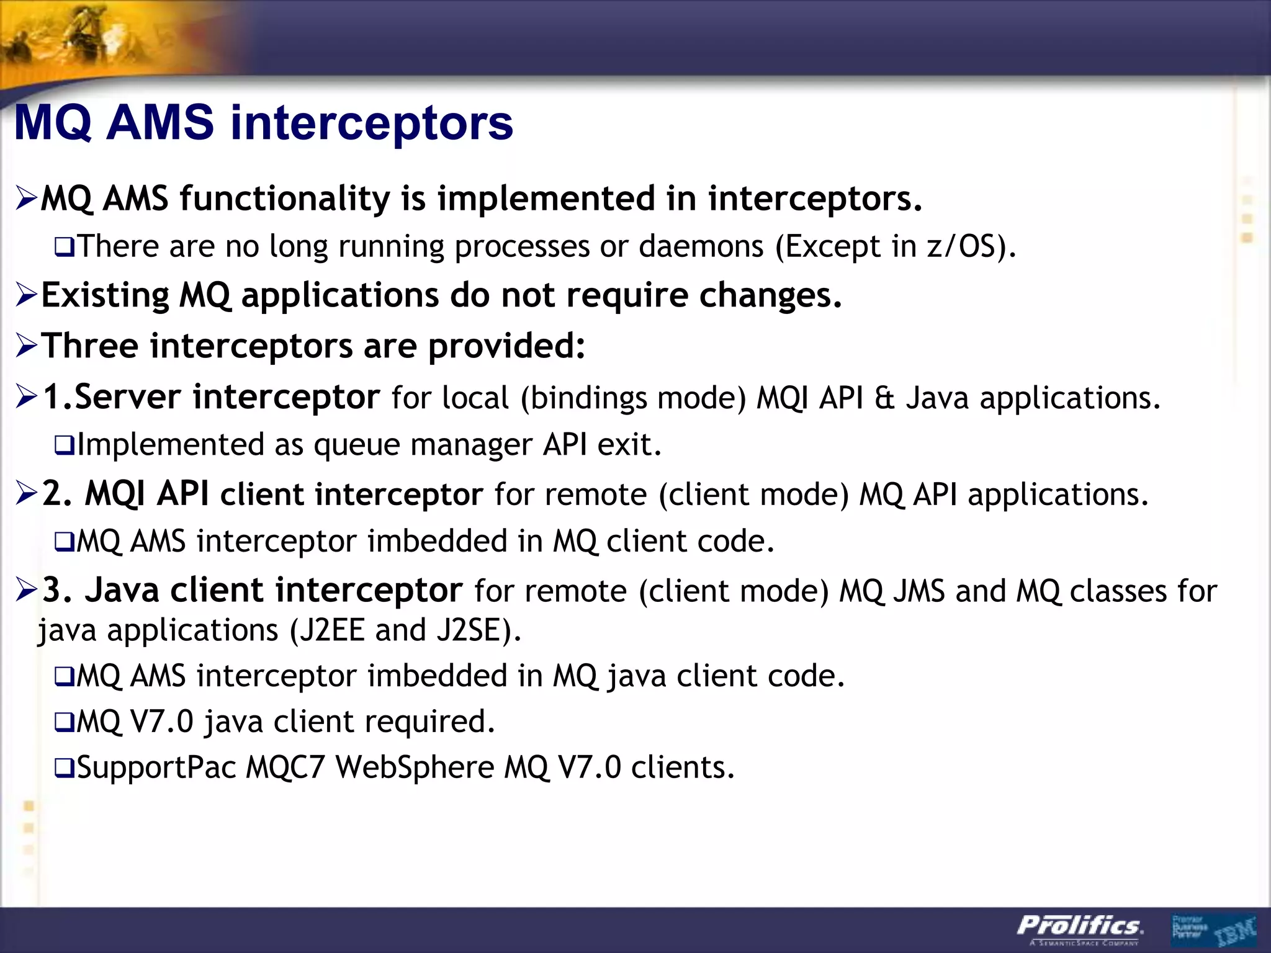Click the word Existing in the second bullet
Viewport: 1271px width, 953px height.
coord(104,295)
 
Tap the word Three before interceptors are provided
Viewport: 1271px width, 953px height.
coord(89,346)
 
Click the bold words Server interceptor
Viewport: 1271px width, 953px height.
coord(227,397)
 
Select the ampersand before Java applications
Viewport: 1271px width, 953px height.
coord(884,398)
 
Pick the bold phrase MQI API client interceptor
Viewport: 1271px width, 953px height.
coord(283,494)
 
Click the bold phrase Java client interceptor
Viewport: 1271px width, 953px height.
coord(273,590)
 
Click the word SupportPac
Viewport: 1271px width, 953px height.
coord(156,767)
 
